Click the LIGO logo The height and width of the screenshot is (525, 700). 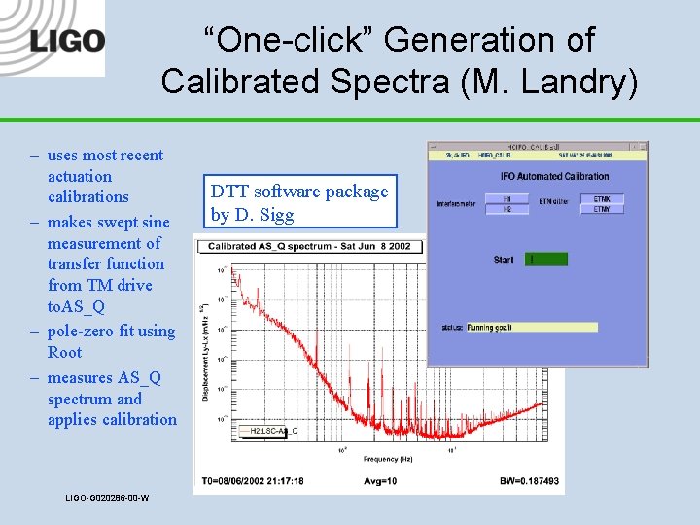pyautogui.click(x=66, y=41)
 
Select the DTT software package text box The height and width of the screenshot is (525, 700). pyautogui.click(x=299, y=202)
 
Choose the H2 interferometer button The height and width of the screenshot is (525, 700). pyautogui.click(x=507, y=209)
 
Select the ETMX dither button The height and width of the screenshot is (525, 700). pyautogui.click(x=602, y=199)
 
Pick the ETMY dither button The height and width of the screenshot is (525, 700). pyautogui.click(x=602, y=209)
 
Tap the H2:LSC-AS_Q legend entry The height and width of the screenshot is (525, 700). pyautogui.click(x=273, y=431)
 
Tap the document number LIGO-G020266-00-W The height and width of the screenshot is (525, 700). pyautogui.click(x=107, y=499)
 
